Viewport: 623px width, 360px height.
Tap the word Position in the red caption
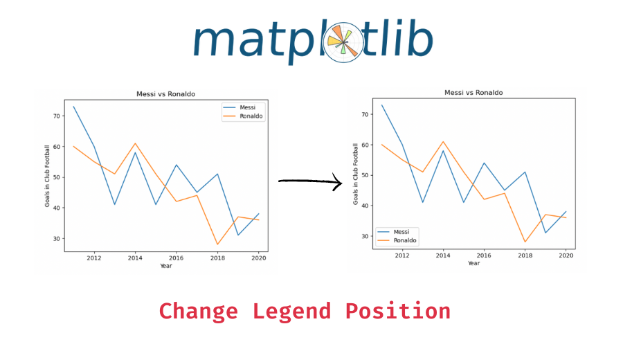click(397, 311)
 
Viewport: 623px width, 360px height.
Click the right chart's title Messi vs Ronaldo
click(473, 92)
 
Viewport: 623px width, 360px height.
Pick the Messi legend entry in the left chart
click(247, 107)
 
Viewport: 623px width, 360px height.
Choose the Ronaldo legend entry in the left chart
click(251, 116)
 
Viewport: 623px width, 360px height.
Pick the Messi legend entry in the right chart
click(401, 232)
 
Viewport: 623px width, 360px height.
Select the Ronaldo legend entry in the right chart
click(404, 240)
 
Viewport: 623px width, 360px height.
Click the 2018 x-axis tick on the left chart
click(217, 258)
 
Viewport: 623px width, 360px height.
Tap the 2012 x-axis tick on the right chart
click(402, 255)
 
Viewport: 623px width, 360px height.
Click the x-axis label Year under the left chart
click(166, 266)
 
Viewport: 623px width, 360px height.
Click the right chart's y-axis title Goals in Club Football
click(356, 173)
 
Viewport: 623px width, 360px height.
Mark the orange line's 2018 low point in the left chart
click(217, 244)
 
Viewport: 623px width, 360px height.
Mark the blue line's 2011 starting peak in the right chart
click(382, 105)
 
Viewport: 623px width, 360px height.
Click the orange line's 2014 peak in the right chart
click(443, 141)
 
